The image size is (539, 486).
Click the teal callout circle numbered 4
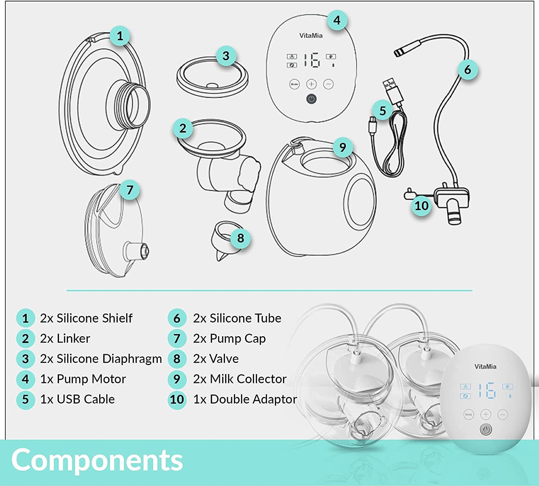(x=337, y=20)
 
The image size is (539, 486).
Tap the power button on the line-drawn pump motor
(x=311, y=99)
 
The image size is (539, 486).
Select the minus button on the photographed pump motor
(x=502, y=414)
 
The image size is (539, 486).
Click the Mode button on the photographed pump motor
(x=469, y=414)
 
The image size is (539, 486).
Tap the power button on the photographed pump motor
(x=486, y=430)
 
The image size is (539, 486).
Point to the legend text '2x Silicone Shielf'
(x=86, y=318)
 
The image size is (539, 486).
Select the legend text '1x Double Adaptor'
(x=245, y=399)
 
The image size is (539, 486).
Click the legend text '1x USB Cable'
(x=77, y=399)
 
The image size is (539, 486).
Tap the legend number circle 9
(x=177, y=379)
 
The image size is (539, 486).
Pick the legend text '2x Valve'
(x=216, y=359)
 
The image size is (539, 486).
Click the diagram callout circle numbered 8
(x=241, y=238)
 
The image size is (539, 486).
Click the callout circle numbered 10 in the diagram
(x=421, y=206)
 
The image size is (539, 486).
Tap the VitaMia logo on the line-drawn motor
(x=311, y=35)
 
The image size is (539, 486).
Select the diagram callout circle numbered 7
(x=129, y=190)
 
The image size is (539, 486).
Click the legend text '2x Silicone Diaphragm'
(x=101, y=359)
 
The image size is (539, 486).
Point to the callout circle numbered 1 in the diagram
(x=120, y=36)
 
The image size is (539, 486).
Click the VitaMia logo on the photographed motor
(x=485, y=366)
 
